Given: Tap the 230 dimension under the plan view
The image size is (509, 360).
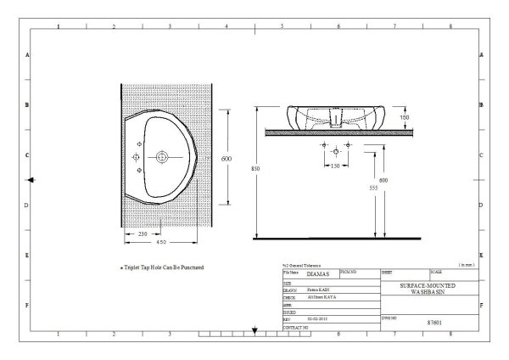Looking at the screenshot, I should [142, 234].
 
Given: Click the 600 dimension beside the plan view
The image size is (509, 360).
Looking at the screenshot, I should [227, 159].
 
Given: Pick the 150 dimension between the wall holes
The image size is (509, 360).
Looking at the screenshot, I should [335, 166].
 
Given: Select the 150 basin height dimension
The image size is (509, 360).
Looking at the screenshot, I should [404, 118].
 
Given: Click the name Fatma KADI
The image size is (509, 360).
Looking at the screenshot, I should [308, 290].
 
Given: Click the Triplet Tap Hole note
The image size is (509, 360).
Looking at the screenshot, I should [162, 267].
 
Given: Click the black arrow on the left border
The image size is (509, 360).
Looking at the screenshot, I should [31, 180].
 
